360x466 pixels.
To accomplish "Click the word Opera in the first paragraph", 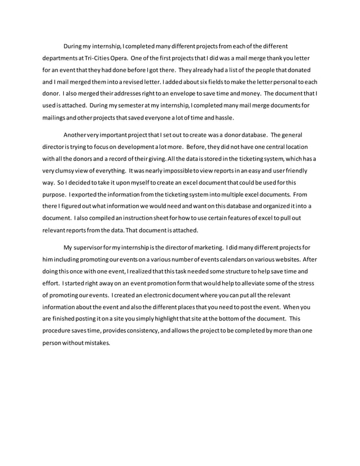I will click(115, 58).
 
